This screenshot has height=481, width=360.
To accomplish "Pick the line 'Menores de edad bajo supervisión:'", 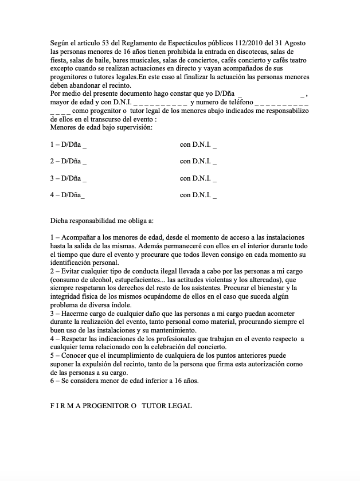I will click(x=101, y=127).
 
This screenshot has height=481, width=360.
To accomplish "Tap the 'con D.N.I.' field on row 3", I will click(x=198, y=178).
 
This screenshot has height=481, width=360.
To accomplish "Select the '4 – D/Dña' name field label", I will click(x=66, y=195).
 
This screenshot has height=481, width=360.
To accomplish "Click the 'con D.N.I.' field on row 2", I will click(x=198, y=161).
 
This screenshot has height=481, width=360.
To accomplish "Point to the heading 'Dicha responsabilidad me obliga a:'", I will click(x=101, y=220).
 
